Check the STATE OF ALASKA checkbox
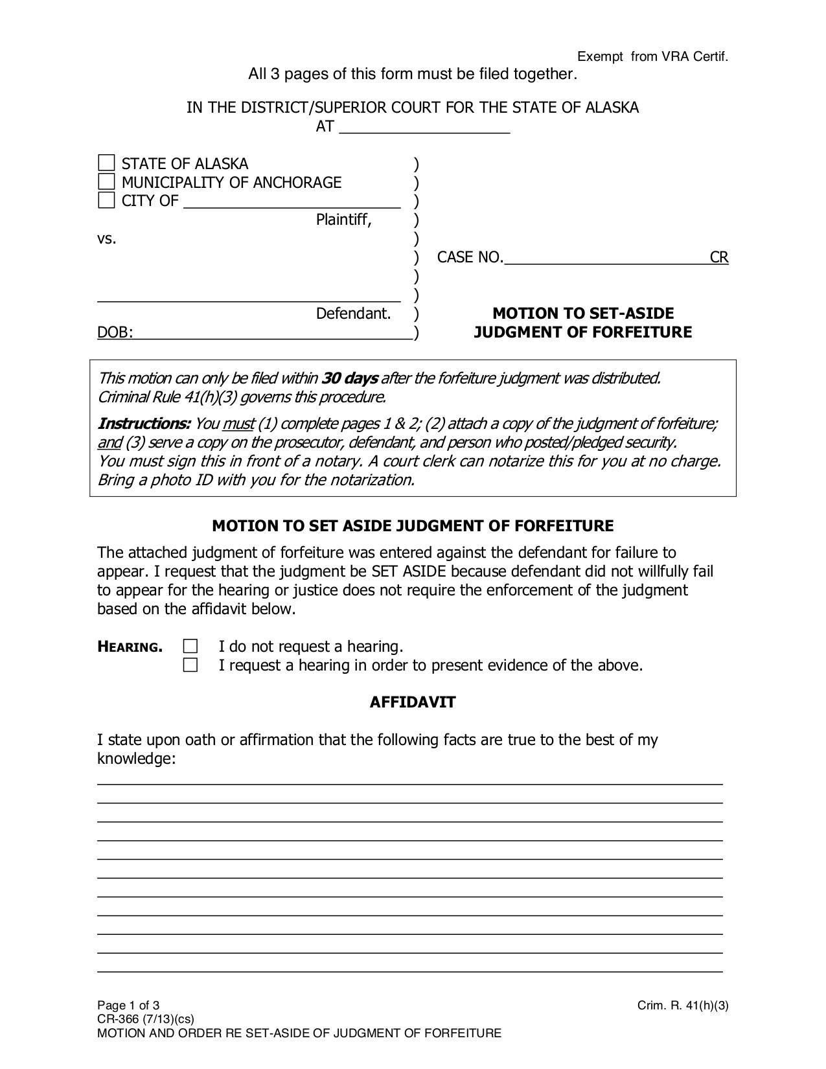point(106,163)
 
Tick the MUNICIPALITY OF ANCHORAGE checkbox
point(106,181)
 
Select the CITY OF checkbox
point(106,200)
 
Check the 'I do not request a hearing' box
point(190,646)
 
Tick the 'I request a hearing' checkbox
point(190,665)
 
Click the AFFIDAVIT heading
point(413,702)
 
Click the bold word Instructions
point(144,424)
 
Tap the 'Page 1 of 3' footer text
point(128,1006)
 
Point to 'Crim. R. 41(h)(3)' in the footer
point(683,1006)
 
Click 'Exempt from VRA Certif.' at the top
point(652,57)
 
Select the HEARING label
point(130,647)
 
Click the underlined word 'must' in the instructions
point(238,424)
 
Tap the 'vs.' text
point(107,238)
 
